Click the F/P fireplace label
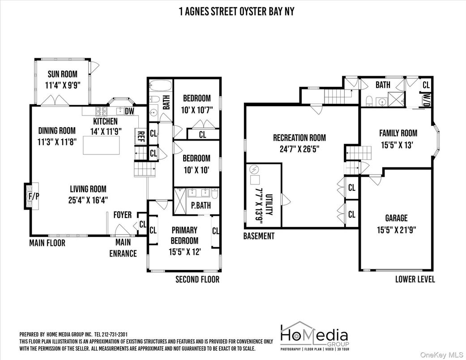[34, 196]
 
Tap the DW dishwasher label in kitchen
[129, 111]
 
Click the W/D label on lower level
[427, 99]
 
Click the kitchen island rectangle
[101, 145]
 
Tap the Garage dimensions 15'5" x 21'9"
[397, 230]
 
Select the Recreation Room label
[299, 137]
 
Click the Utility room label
[269, 205]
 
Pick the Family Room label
[398, 133]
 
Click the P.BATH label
[201, 205]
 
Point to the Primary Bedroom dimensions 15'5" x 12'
[184, 252]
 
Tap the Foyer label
[123, 214]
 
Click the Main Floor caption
[47, 243]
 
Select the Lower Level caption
[415, 279]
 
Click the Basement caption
[259, 236]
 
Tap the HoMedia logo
[315, 336]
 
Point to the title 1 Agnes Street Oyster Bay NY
[236, 12]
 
